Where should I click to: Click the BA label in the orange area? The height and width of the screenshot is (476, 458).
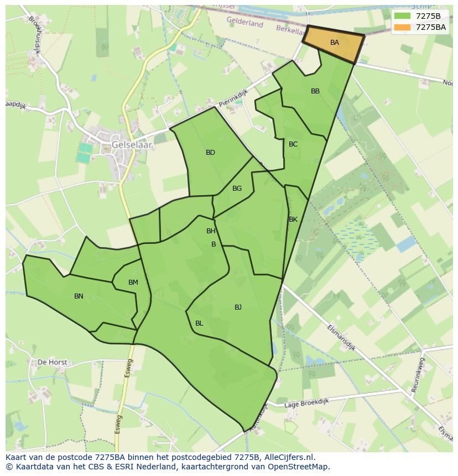click(334, 43)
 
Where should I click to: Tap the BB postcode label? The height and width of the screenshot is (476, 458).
click(315, 91)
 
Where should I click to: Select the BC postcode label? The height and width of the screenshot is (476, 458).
click(293, 144)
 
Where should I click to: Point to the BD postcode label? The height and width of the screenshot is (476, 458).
click(210, 153)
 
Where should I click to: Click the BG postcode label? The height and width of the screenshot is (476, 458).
click(237, 189)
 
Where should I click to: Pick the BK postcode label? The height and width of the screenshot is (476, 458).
click(293, 219)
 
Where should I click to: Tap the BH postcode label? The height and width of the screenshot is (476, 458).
click(211, 231)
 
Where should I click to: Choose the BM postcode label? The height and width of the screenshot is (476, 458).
click(133, 283)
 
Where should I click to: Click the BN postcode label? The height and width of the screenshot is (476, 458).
click(79, 296)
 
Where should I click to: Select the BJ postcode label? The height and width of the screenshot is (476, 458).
click(238, 307)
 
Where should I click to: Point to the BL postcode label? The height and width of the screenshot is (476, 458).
click(199, 323)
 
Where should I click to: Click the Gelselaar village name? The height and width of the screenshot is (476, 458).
click(132, 145)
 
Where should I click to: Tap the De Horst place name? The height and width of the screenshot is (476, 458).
click(52, 363)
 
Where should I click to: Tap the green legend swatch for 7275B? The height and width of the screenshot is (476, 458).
click(402, 16)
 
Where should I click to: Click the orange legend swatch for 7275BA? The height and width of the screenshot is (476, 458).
click(402, 27)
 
